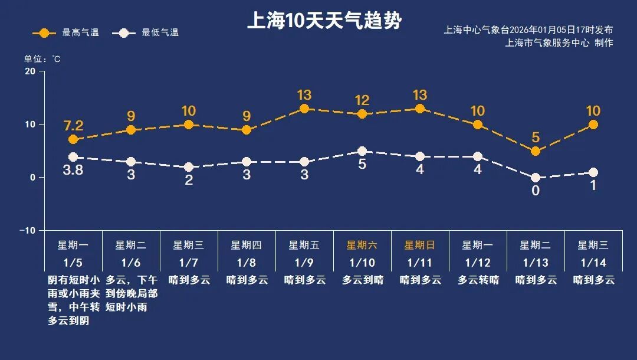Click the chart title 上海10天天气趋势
click(324, 21)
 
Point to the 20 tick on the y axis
click(29, 71)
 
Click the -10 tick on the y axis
click(28, 230)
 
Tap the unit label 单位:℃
click(42, 59)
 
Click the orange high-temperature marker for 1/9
click(304, 109)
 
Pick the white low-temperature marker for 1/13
click(536, 178)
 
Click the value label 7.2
click(73, 126)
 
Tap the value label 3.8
click(73, 171)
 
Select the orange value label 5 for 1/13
click(536, 138)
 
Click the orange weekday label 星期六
click(362, 245)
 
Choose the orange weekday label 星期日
click(419, 245)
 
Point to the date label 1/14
click(593, 262)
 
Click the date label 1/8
click(246, 262)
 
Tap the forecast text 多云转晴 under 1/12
click(478, 280)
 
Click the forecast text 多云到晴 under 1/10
click(362, 280)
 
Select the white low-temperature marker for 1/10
click(362, 152)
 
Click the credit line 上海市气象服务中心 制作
click(559, 42)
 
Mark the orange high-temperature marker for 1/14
click(593, 125)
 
